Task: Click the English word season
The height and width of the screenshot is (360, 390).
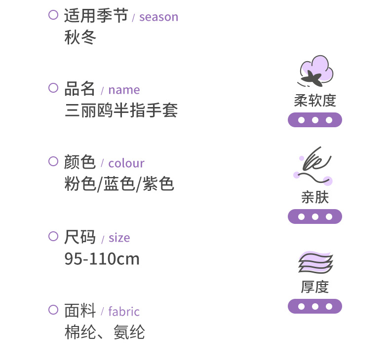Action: (158, 17)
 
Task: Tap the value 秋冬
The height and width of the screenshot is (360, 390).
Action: (80, 37)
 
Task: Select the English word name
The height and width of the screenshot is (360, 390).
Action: (124, 90)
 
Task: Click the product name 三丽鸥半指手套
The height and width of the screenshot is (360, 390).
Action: (121, 110)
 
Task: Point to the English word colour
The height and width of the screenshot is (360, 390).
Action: (126, 163)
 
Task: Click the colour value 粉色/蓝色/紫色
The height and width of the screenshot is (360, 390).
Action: (119, 184)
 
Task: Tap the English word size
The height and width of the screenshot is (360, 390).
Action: (119, 238)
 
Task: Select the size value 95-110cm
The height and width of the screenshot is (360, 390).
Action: (102, 258)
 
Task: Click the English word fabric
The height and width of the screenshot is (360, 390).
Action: (124, 312)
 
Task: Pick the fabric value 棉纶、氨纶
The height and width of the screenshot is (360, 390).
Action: (104, 332)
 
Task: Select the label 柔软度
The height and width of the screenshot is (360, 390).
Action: (315, 101)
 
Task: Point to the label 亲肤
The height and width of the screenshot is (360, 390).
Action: (315, 197)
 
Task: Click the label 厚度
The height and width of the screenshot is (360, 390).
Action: (315, 287)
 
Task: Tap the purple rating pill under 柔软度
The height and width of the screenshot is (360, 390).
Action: (315, 120)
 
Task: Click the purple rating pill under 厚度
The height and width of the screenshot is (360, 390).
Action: (315, 306)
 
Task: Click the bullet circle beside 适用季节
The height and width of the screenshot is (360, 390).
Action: (53, 15)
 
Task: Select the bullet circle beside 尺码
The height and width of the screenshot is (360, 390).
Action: (53, 236)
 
